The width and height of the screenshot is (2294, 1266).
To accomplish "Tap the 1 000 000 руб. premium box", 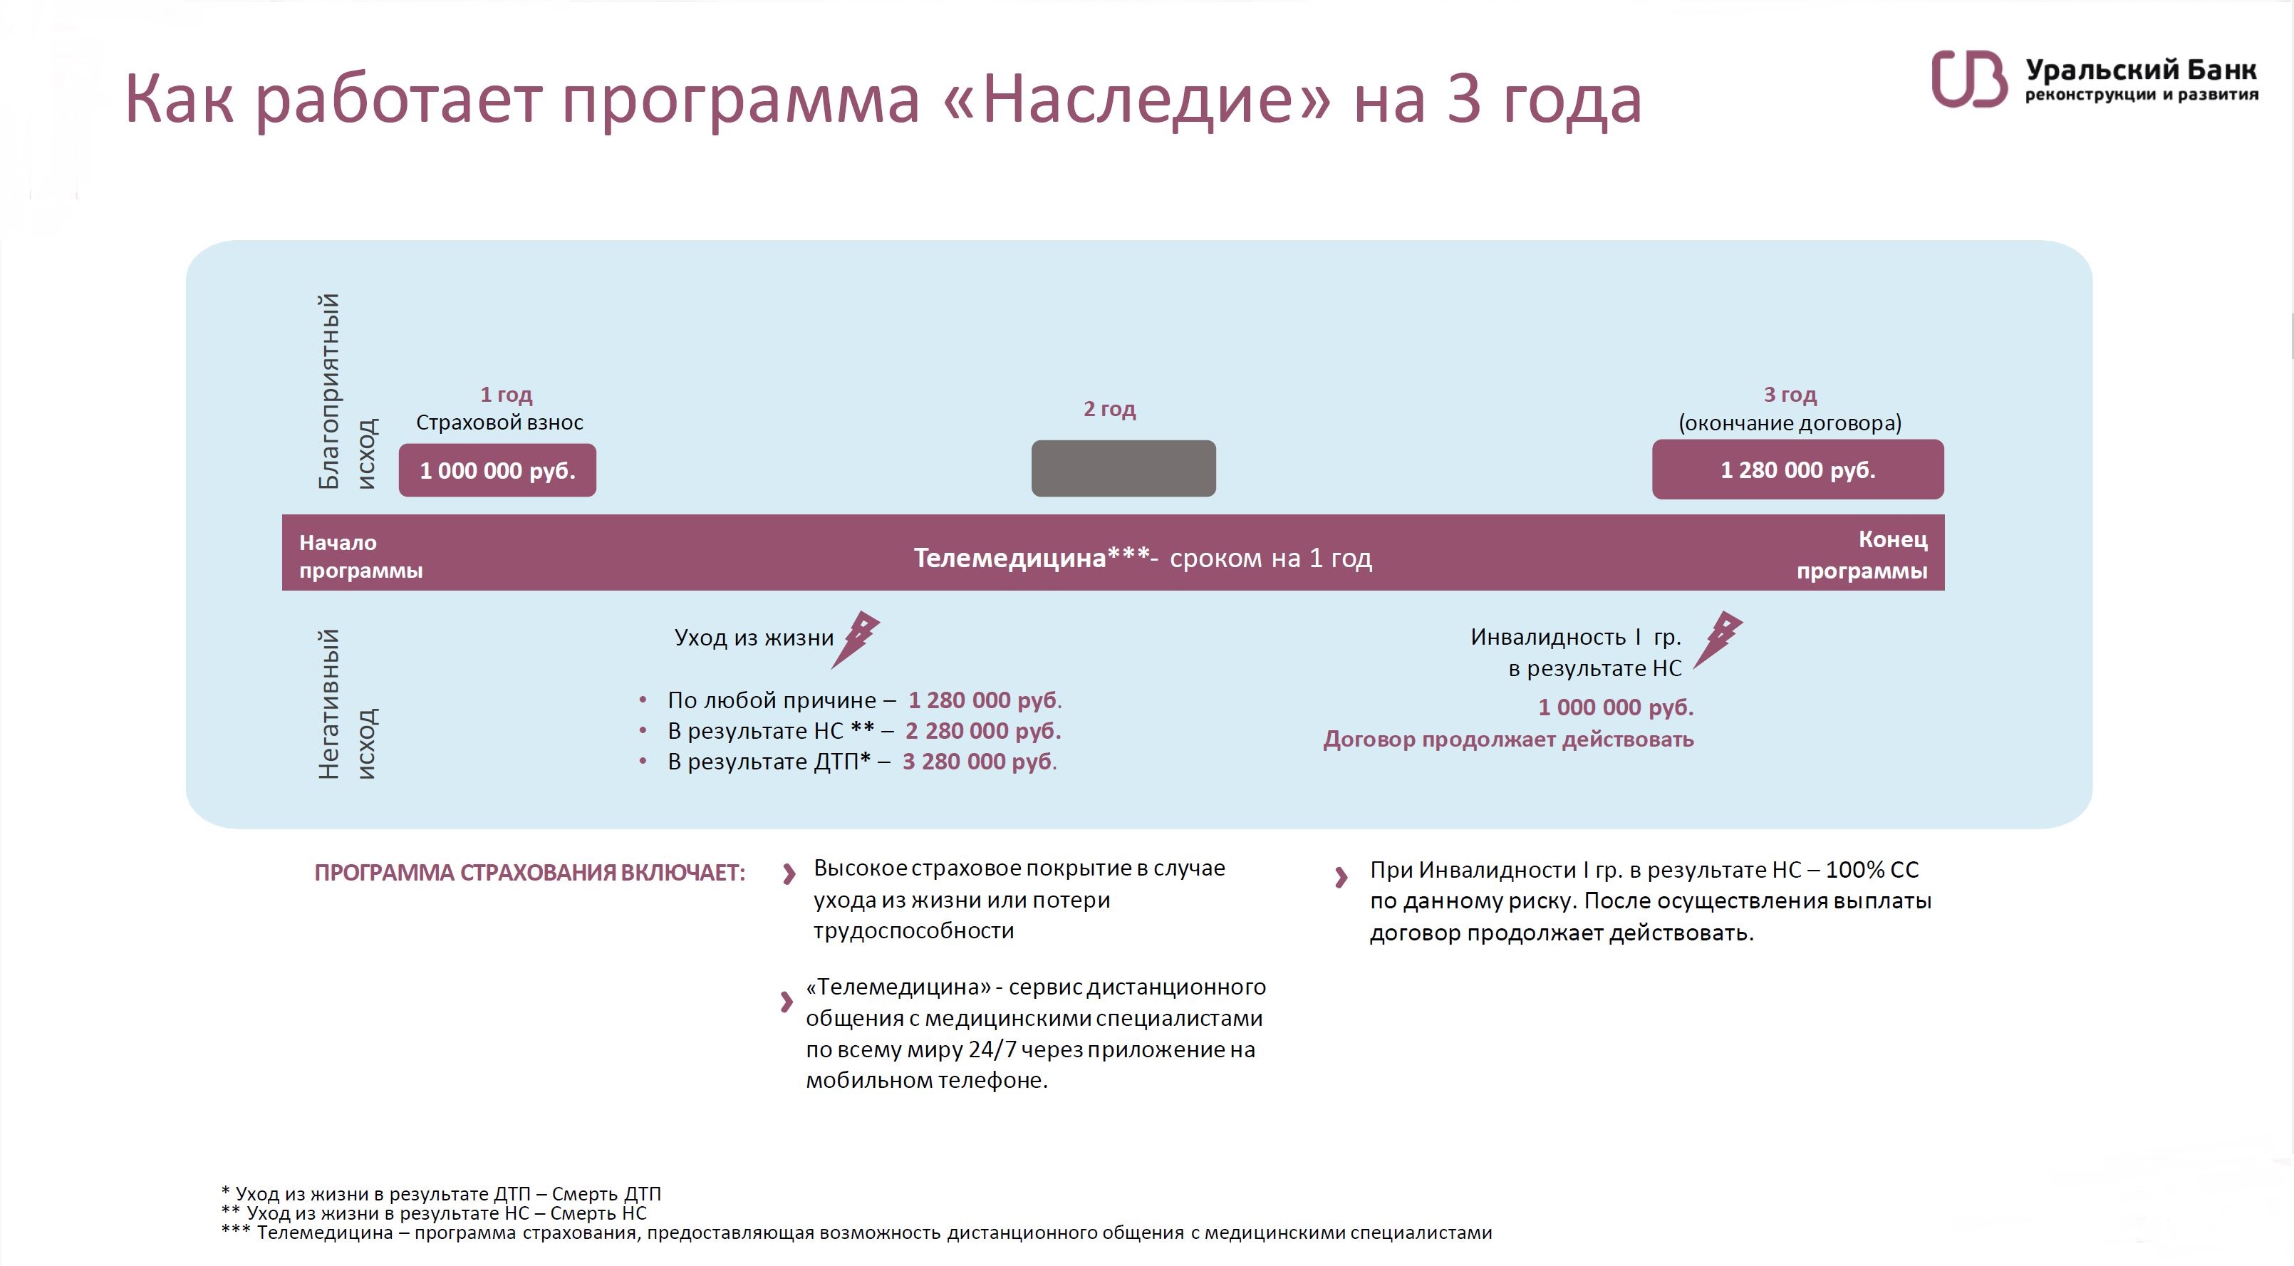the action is pyautogui.click(x=497, y=470).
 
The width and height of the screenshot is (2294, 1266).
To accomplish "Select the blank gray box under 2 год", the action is pyautogui.click(x=1123, y=468).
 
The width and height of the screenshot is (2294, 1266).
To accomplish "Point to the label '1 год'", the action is pyautogui.click(x=506, y=395).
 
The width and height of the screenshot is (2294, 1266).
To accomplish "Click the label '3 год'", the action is pyautogui.click(x=1790, y=395).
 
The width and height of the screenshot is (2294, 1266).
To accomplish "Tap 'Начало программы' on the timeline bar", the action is pyautogui.click(x=360, y=556).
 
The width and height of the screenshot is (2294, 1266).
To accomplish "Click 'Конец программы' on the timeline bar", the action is pyautogui.click(x=1862, y=555).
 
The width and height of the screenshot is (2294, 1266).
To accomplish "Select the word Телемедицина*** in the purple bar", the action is pyautogui.click(x=1032, y=559).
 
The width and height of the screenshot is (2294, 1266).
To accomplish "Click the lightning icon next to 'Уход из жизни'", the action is pyautogui.click(x=856, y=638).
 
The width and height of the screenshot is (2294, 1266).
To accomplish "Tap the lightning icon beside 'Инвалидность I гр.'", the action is pyautogui.click(x=1718, y=638).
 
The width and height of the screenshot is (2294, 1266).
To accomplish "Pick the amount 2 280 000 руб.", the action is pyautogui.click(x=983, y=731).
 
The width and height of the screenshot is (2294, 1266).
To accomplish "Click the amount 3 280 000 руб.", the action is pyautogui.click(x=980, y=761).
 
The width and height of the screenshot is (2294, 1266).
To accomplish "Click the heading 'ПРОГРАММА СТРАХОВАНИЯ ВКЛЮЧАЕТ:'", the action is pyautogui.click(x=530, y=873).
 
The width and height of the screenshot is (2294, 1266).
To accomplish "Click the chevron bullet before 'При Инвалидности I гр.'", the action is pyautogui.click(x=1341, y=878).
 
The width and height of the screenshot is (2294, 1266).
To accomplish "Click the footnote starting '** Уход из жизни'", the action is pyautogui.click(x=434, y=1213).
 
